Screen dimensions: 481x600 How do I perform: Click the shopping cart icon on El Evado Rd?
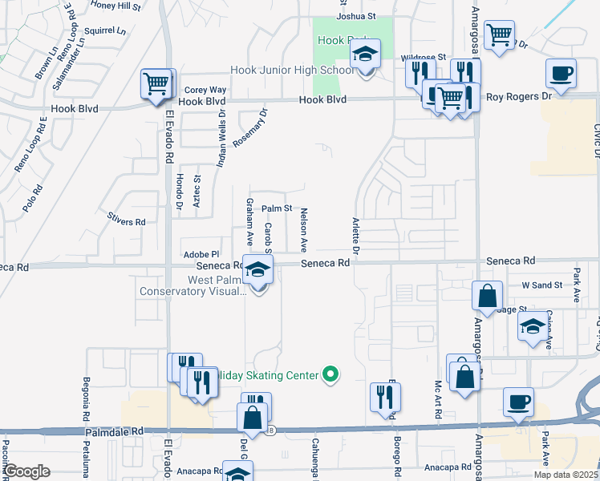coord(157,83)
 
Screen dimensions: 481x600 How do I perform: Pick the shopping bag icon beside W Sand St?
coord(487,296)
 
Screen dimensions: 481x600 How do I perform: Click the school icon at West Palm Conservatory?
coord(258,270)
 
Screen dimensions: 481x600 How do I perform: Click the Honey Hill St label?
coord(116,5)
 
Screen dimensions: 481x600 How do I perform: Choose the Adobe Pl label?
coord(201,254)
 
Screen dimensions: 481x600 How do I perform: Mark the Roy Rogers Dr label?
coord(519,95)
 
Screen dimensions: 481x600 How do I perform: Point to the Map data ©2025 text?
coord(565,475)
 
